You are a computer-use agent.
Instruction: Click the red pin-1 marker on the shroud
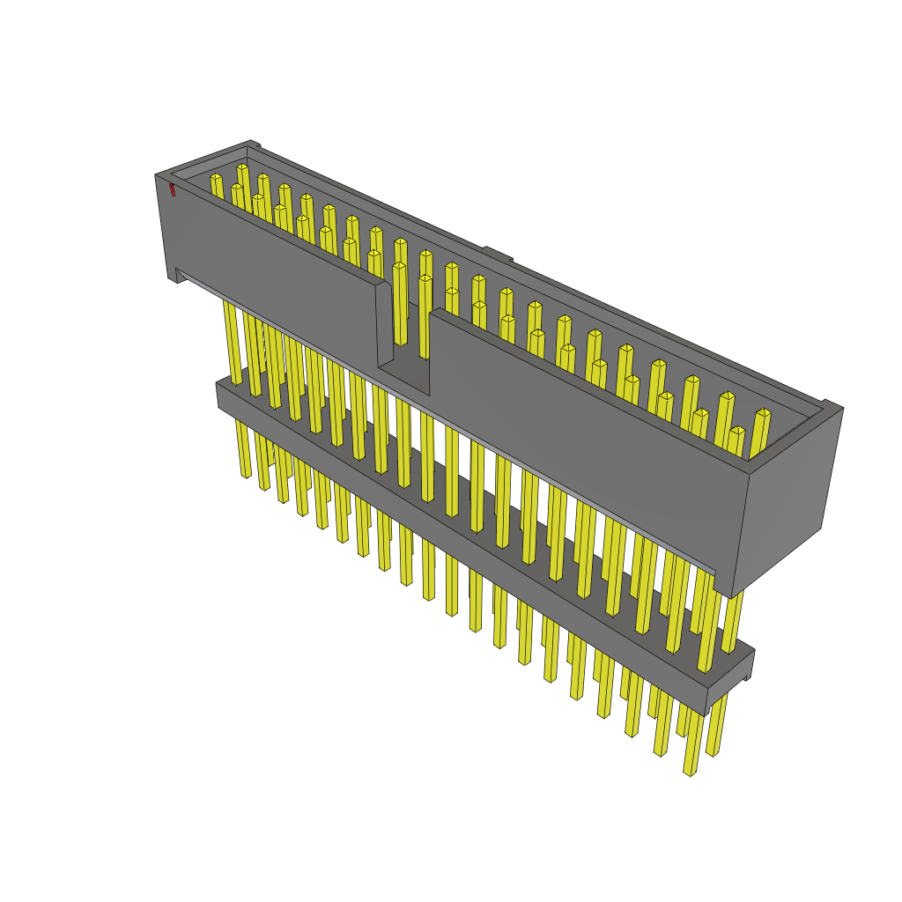click(172, 189)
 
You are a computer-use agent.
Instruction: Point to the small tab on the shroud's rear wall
click(497, 255)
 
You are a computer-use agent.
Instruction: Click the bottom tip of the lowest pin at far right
click(691, 773)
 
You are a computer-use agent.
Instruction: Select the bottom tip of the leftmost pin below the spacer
click(246, 475)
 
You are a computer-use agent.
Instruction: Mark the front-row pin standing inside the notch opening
click(400, 304)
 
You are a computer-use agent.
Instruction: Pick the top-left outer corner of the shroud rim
click(157, 175)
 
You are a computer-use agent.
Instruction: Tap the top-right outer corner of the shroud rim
click(841, 409)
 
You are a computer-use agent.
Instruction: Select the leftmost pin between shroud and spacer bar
click(233, 344)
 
